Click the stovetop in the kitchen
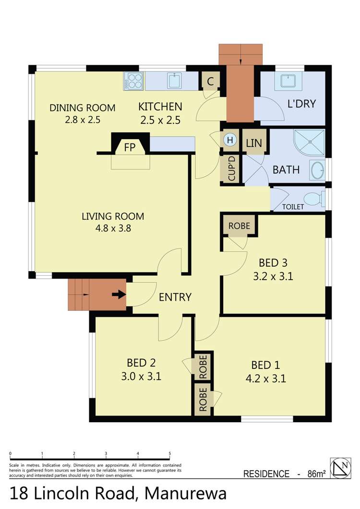[x=133, y=81]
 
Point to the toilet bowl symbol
[x=314, y=198]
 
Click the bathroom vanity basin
[x=318, y=169]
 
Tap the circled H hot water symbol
[x=230, y=140]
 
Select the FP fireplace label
[x=130, y=147]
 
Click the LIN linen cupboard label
[x=253, y=142]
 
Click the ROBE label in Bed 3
[x=239, y=225]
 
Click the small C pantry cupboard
[x=210, y=82]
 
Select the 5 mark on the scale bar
[x=169, y=453]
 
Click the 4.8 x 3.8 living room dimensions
[x=113, y=228]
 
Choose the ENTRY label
[x=175, y=297]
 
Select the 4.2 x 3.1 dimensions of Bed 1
[x=265, y=379]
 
